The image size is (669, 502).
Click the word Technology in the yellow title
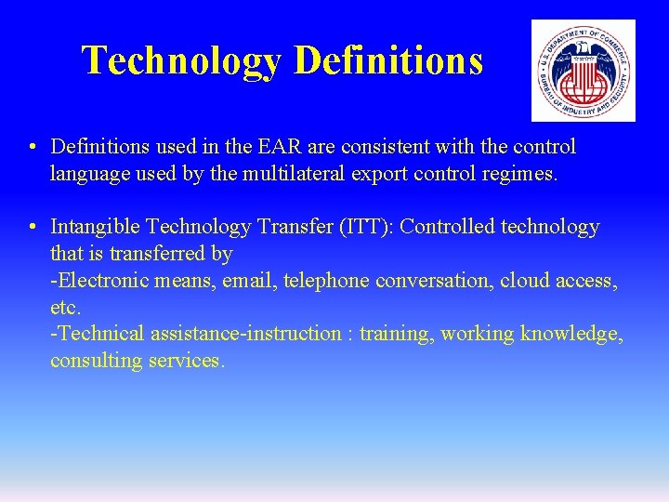click(x=182, y=61)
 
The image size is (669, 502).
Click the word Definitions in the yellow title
click(x=388, y=61)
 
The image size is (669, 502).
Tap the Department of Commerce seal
click(x=583, y=71)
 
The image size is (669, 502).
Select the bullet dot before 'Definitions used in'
click(x=33, y=148)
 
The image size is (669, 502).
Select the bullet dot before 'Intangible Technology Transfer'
click(x=33, y=228)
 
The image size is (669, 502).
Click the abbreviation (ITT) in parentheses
click(x=374, y=227)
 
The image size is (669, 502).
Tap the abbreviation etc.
click(x=65, y=307)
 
